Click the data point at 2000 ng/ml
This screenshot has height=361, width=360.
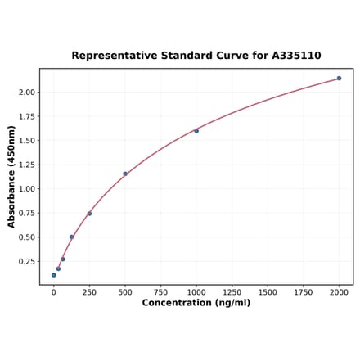pyautogui.click(x=339, y=79)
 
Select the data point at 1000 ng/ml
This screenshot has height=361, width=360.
pyautogui.click(x=196, y=131)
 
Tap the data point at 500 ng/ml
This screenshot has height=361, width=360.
pyautogui.click(x=125, y=174)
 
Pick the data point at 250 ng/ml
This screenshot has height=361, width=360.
pyautogui.click(x=89, y=214)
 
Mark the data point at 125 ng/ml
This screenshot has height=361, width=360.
pyautogui.click(x=71, y=237)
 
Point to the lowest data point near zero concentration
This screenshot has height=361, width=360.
pyautogui.click(x=54, y=275)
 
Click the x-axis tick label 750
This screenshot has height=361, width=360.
pyautogui.click(x=160, y=291)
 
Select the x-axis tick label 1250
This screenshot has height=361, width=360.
pyautogui.click(x=232, y=291)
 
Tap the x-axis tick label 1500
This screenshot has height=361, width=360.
pyautogui.click(x=268, y=291)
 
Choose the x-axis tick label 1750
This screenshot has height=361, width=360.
pyautogui.click(x=303, y=291)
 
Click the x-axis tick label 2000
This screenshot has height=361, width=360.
pyautogui.click(x=339, y=291)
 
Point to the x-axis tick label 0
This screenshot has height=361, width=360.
pyautogui.click(x=54, y=291)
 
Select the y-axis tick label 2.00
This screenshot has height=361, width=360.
pyautogui.click(x=26, y=92)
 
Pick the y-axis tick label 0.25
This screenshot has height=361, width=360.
pyautogui.click(x=26, y=262)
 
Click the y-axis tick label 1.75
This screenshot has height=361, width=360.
pyautogui.click(x=26, y=116)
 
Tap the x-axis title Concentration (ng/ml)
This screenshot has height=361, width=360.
pyautogui.click(x=196, y=303)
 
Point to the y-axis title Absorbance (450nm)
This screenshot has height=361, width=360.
pyautogui.click(x=11, y=177)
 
